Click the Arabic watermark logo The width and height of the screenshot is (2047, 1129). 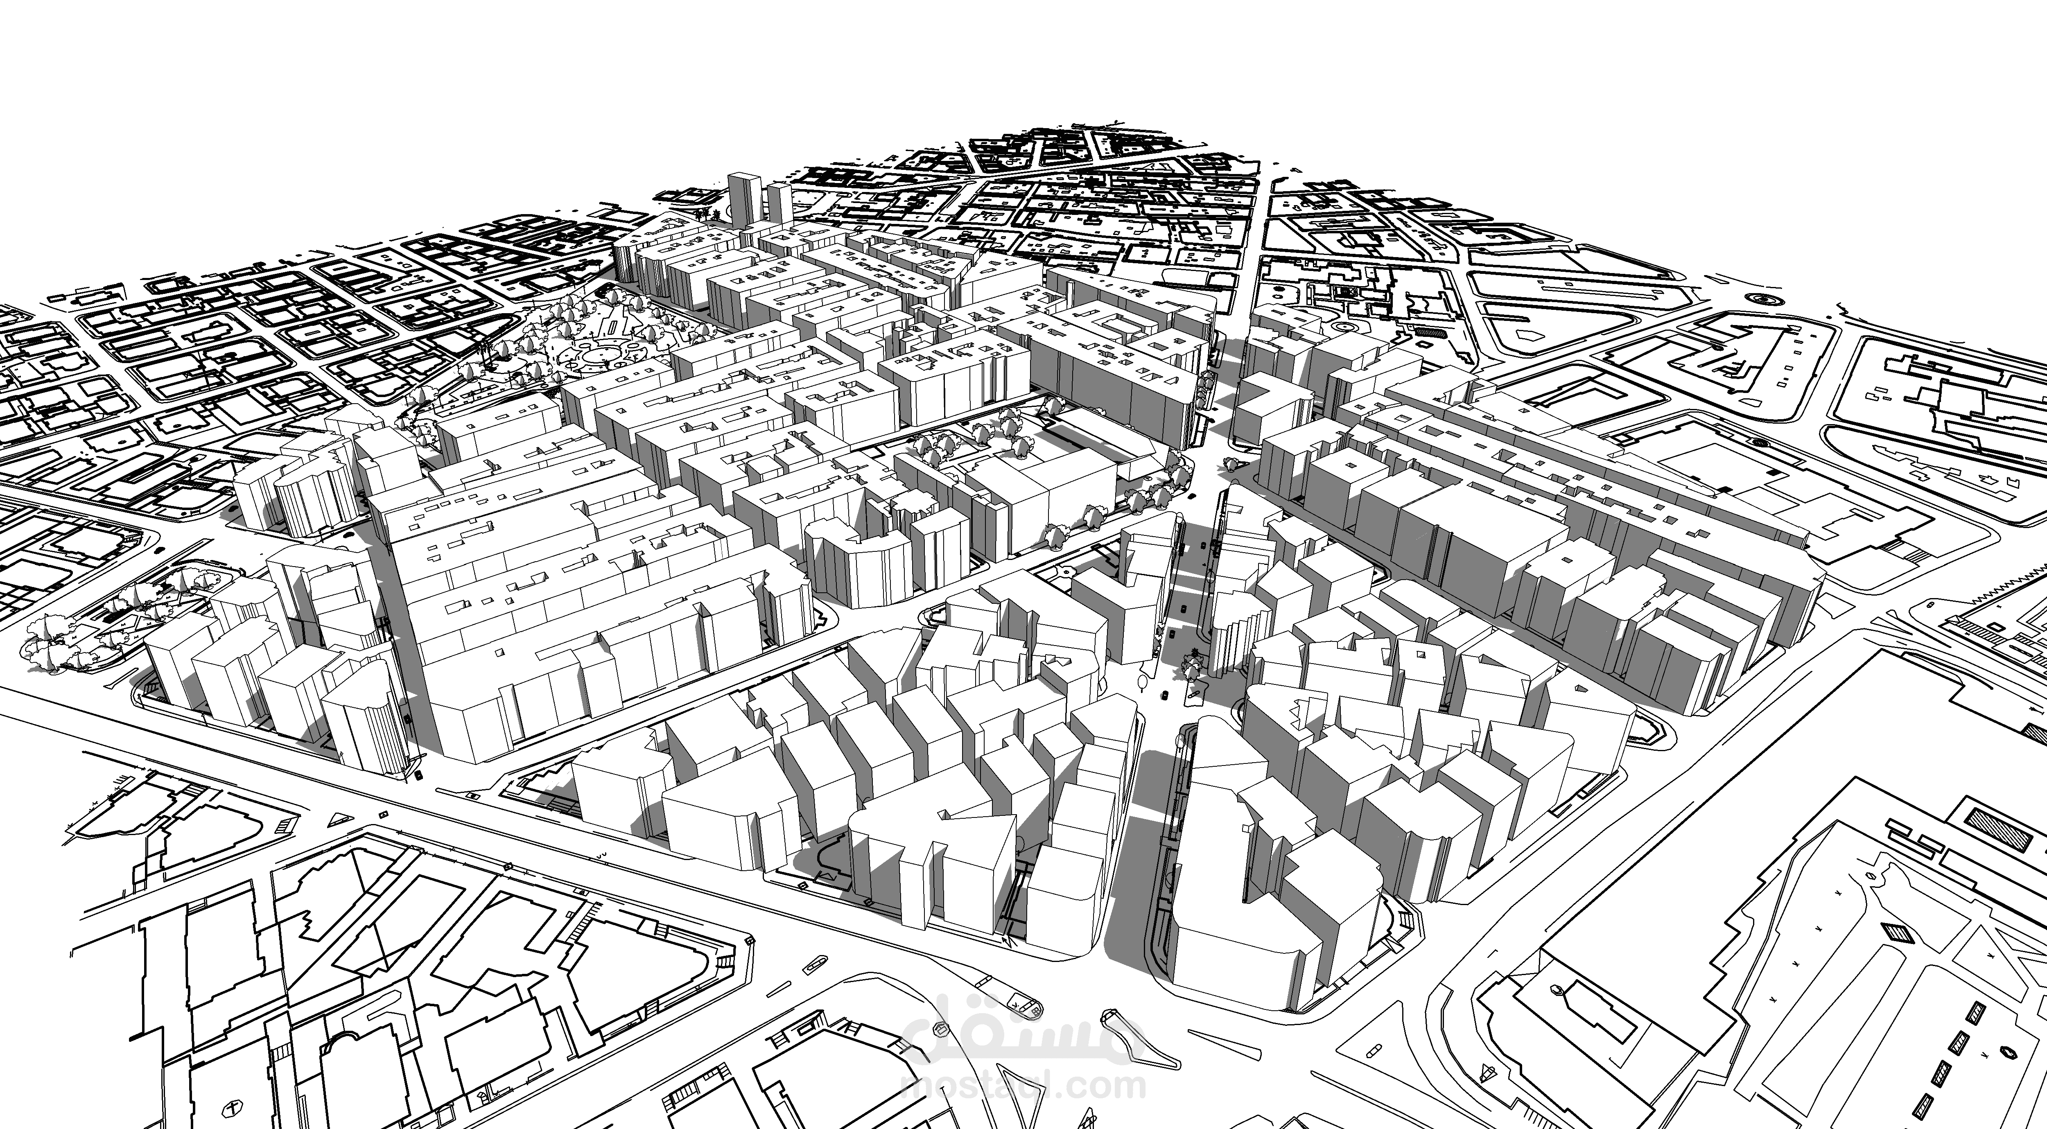(1025, 1033)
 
